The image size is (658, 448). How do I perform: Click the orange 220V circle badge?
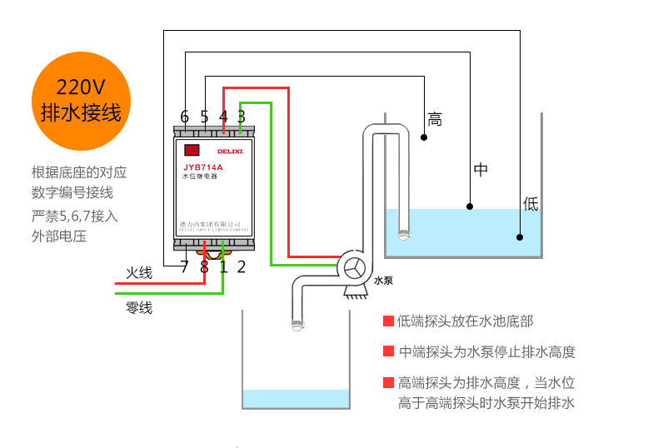[x=81, y=100]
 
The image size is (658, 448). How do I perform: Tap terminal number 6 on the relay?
[x=184, y=117]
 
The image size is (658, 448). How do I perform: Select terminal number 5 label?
[x=204, y=117]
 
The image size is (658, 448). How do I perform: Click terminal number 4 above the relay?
[x=223, y=117]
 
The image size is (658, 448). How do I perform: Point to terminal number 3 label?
[x=242, y=117]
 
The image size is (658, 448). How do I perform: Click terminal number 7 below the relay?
[x=184, y=267]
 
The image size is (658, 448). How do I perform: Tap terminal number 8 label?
[x=204, y=267]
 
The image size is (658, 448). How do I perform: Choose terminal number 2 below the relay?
[x=242, y=267]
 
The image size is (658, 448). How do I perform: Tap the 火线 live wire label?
[x=139, y=273]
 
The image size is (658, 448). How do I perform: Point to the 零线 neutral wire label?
[x=139, y=308]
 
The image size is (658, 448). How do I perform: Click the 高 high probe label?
[x=435, y=120]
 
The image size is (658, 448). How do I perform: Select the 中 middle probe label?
[x=481, y=170]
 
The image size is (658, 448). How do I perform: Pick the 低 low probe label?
[x=531, y=203]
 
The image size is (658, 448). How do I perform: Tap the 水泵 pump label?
[x=383, y=281]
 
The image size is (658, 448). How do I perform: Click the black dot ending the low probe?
[x=520, y=237]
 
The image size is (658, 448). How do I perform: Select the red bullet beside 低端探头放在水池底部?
[x=388, y=321]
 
